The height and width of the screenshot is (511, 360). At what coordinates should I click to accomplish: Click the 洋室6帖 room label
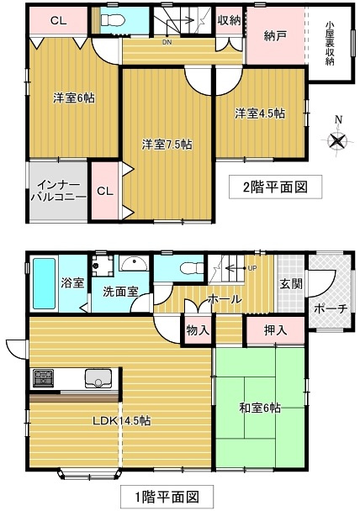(74, 97)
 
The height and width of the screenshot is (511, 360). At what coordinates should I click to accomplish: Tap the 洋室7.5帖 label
(167, 145)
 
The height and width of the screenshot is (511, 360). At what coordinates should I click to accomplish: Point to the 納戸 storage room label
(273, 37)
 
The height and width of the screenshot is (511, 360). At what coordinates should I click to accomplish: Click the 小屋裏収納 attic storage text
(330, 44)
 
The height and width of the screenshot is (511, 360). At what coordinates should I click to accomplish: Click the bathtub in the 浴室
(43, 284)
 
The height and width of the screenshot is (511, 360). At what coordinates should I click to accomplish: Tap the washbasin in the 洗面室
(132, 264)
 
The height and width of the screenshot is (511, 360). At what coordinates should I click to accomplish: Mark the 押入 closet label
(273, 329)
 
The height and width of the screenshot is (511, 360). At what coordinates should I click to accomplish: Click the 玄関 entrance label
(291, 282)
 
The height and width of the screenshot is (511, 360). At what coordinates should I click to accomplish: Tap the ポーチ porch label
(330, 308)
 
